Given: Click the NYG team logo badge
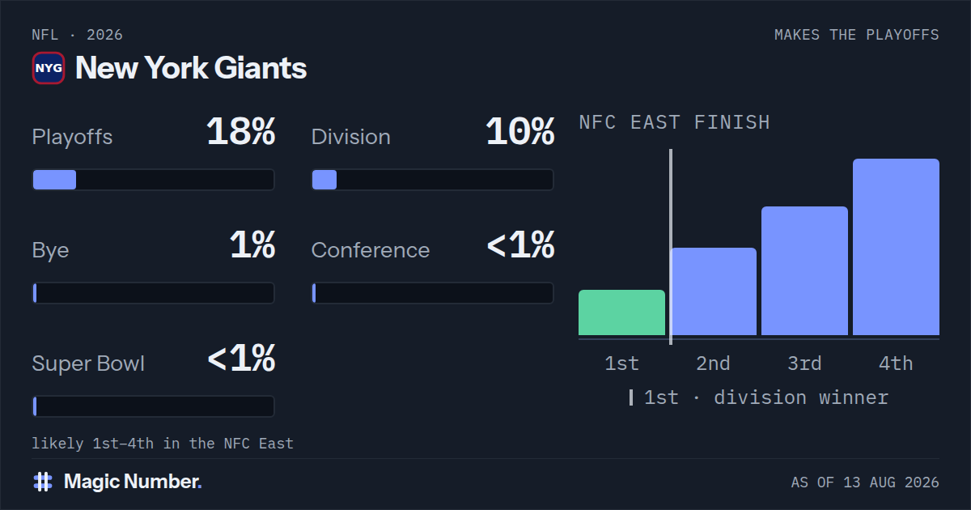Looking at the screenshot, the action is pyautogui.click(x=49, y=68).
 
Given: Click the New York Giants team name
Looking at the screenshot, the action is pyautogui.click(x=191, y=68).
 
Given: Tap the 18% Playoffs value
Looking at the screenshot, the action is pyautogui.click(x=241, y=131).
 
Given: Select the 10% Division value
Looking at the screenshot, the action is pyautogui.click(x=520, y=131).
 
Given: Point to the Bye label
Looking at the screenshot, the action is pyautogui.click(x=50, y=251).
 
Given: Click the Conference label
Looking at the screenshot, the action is pyautogui.click(x=371, y=250).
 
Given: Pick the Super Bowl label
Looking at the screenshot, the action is pyautogui.click(x=88, y=363).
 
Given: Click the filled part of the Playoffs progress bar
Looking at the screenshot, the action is pyautogui.click(x=55, y=180).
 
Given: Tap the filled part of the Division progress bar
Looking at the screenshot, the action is pyautogui.click(x=324, y=180).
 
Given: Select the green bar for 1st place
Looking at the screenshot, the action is pyautogui.click(x=621, y=312).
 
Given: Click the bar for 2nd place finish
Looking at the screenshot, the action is pyautogui.click(x=714, y=291).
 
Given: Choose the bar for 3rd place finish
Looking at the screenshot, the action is pyautogui.click(x=804, y=271).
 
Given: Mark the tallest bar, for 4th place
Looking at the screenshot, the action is pyautogui.click(x=896, y=247).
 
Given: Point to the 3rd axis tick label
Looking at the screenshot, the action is pyautogui.click(x=804, y=363).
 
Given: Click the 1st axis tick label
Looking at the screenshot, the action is pyautogui.click(x=621, y=363).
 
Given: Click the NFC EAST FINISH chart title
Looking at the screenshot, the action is pyautogui.click(x=675, y=122).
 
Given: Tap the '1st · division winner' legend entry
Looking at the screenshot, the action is pyautogui.click(x=759, y=397).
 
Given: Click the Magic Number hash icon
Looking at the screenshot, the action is pyautogui.click(x=43, y=482).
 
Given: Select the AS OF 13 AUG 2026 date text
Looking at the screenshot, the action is pyautogui.click(x=865, y=482).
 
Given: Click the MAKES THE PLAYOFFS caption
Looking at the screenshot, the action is pyautogui.click(x=857, y=35).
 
